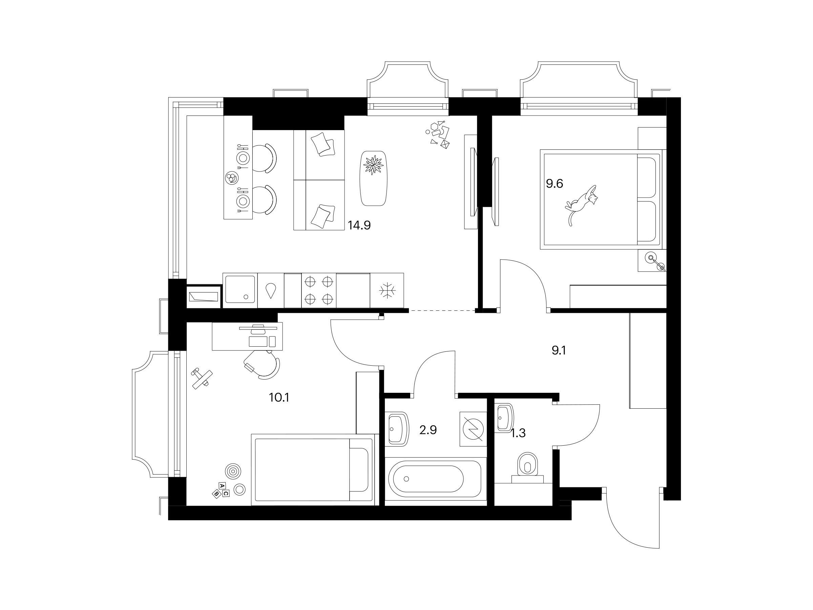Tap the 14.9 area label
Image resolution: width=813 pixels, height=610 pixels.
tap(359, 225)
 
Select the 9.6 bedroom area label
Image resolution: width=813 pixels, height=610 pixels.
tap(554, 183)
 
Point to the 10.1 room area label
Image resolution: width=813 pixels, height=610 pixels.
tap(279, 398)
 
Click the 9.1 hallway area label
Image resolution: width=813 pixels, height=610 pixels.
tap(559, 351)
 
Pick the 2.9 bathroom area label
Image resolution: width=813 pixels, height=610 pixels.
tap(428, 430)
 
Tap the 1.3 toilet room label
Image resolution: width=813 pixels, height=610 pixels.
tap(518, 433)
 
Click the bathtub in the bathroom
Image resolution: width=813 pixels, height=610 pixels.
tap(435, 479)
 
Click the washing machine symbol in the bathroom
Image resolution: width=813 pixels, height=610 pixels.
tap(473, 429)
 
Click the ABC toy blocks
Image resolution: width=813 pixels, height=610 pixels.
tap(222, 490)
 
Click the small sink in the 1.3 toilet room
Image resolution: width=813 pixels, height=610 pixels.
tap(504, 418)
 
